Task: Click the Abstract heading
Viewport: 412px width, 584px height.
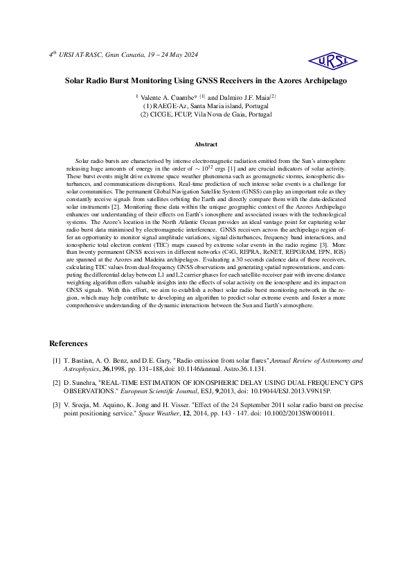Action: pos(206,144)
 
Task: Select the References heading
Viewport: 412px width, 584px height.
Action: pos(69,343)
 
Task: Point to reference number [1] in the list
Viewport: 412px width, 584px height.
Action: pos(57,361)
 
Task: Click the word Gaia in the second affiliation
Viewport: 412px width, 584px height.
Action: pos(232,114)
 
